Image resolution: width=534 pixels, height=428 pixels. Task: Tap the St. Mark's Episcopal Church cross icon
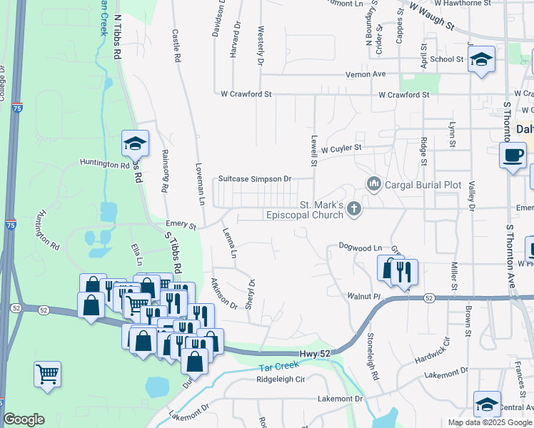(353, 208)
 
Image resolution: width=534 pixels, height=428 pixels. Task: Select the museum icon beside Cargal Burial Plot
(373, 184)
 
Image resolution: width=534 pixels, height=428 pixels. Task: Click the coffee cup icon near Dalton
(513, 156)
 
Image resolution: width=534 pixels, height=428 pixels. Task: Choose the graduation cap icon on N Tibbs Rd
(134, 145)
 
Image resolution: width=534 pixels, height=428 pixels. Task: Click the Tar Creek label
(273, 368)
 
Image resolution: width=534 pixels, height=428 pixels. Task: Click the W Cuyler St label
(342, 149)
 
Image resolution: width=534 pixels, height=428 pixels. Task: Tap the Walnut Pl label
(366, 295)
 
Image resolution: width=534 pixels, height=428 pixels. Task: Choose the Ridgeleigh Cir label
(281, 379)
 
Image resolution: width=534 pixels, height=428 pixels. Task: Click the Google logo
(24, 419)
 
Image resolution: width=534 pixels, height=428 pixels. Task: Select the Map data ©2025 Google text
(490, 422)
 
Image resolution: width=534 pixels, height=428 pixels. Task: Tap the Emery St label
(181, 225)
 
